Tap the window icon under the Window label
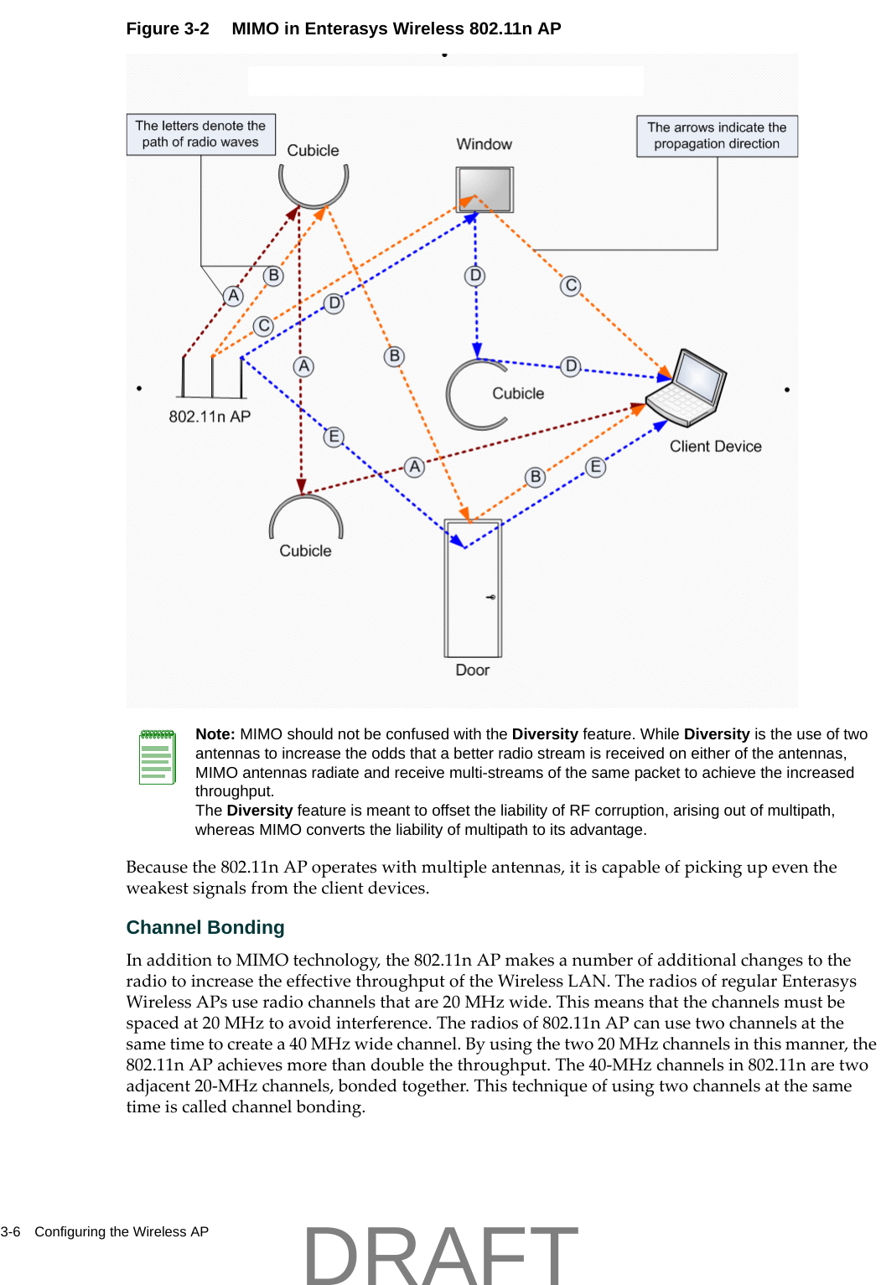485,189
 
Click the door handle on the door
491,597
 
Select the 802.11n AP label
210,417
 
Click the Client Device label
715,447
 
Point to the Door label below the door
472,670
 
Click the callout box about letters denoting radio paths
200,134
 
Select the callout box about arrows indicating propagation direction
717,136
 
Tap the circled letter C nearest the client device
571,286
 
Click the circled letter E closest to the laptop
595,467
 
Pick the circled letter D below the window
475,276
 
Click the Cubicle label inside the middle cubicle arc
517,393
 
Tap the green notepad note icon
157,757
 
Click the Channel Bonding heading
205,927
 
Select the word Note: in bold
215,734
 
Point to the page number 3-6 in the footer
10,1231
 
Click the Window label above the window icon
484,144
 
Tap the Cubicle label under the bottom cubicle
305,551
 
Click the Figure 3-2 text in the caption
168,28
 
